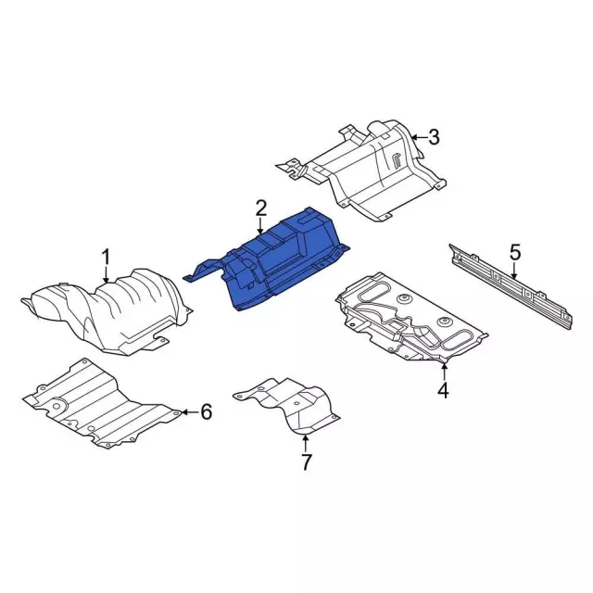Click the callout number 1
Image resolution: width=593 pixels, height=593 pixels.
(106, 255)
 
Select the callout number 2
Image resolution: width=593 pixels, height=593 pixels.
(261, 208)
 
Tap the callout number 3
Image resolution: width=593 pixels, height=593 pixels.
(433, 138)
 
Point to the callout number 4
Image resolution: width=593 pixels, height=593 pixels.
(443, 390)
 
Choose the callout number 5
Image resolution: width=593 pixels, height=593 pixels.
(515, 251)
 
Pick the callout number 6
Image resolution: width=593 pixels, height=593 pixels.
(206, 411)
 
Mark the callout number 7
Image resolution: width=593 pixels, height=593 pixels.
(306, 461)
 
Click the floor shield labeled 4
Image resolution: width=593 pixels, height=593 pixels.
(408, 320)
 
